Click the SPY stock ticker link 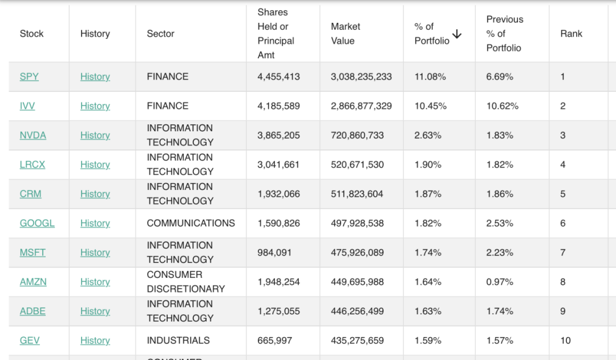[x=29, y=76]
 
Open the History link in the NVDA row [x=95, y=135]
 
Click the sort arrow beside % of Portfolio [x=457, y=34]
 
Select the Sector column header [x=160, y=34]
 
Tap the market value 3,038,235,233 [x=361, y=76]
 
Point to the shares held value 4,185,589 [x=278, y=106]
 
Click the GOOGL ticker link [x=37, y=223]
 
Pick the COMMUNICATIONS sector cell [x=191, y=223]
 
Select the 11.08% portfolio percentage [x=430, y=76]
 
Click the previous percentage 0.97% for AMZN [x=500, y=282]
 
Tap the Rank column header [x=571, y=34]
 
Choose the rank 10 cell [x=565, y=341]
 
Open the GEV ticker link [x=30, y=341]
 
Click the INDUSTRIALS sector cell [x=178, y=341]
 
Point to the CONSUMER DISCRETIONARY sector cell [x=185, y=282]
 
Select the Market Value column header [x=345, y=34]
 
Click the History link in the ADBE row [x=95, y=311]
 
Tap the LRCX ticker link [x=33, y=164]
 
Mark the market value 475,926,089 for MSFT [x=357, y=252]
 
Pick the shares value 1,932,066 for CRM [x=278, y=194]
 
